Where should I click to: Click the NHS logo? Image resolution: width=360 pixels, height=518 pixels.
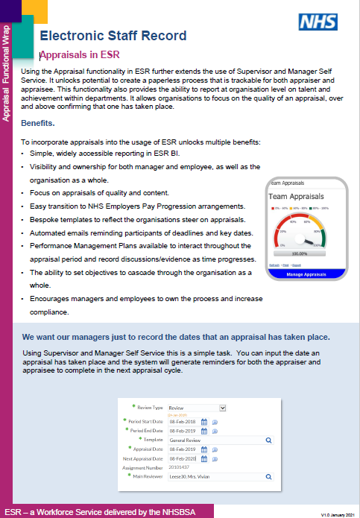coord(318,22)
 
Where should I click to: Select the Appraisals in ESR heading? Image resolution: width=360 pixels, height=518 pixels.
coord(80,55)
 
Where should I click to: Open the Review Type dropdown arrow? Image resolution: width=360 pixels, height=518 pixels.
coord(221,408)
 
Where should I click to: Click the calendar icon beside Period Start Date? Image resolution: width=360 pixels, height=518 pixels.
coord(203,421)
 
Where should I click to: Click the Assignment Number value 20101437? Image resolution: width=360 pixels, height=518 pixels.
coord(180,467)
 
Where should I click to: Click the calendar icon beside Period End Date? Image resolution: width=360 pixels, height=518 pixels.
coord(203,431)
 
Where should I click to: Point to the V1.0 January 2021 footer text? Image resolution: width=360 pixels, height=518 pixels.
coord(336,514)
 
